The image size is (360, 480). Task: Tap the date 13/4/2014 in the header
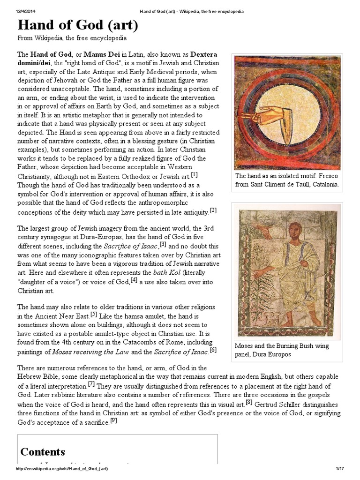point(27,11)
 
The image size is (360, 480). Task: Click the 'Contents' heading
point(43,452)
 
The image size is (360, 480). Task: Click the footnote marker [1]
point(194,175)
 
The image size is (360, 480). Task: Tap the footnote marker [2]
point(213,210)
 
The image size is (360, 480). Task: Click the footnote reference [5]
point(94,314)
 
